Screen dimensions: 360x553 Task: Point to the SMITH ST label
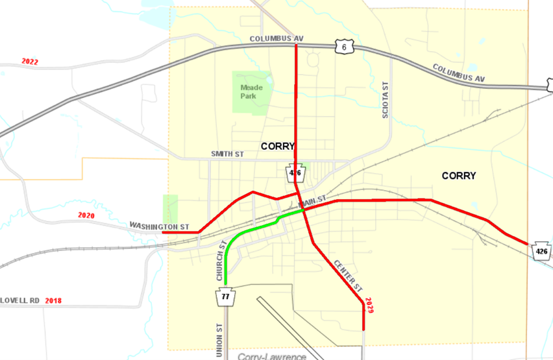227,154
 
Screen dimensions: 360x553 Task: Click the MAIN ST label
312,203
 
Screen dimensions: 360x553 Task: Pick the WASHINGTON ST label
159,226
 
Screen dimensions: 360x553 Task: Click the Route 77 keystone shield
225,297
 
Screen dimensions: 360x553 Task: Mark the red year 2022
30,62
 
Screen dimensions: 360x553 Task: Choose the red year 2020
86,215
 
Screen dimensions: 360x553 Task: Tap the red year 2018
53,301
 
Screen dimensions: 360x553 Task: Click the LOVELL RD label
19,301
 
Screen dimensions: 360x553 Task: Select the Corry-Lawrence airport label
271,356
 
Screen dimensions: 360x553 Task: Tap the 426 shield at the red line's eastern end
542,251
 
